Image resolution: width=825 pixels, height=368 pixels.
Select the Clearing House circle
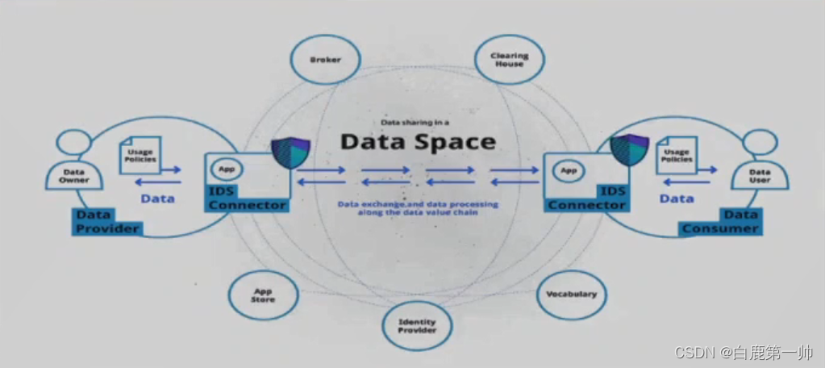pyautogui.click(x=509, y=59)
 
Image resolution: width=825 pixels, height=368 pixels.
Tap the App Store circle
pyautogui.click(x=264, y=295)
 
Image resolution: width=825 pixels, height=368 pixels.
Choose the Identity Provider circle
pyautogui.click(x=417, y=325)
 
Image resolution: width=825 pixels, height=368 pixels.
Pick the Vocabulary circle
pyautogui.click(x=571, y=294)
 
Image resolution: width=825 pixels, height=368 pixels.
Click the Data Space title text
pyautogui.click(x=417, y=141)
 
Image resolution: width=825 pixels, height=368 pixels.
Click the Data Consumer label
pyautogui.click(x=719, y=222)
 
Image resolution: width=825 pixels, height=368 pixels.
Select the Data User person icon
pyautogui.click(x=760, y=161)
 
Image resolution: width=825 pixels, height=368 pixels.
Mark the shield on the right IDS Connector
pyautogui.click(x=629, y=150)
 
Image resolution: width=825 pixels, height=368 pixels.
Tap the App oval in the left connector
pyautogui.click(x=226, y=170)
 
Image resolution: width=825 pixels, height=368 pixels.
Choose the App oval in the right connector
pyautogui.click(x=569, y=170)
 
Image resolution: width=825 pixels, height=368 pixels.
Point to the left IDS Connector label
pyautogui.click(x=247, y=199)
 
